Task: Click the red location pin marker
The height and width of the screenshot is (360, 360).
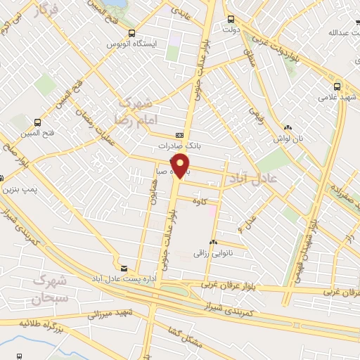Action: pyautogui.click(x=181, y=165)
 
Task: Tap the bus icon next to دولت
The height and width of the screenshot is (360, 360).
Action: pyautogui.click(x=231, y=19)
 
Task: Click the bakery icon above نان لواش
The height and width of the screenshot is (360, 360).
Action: pyautogui.click(x=288, y=127)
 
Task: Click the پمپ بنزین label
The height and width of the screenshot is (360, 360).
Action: pyautogui.click(x=18, y=190)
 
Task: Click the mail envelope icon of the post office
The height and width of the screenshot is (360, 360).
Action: pyautogui.click(x=124, y=269)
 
